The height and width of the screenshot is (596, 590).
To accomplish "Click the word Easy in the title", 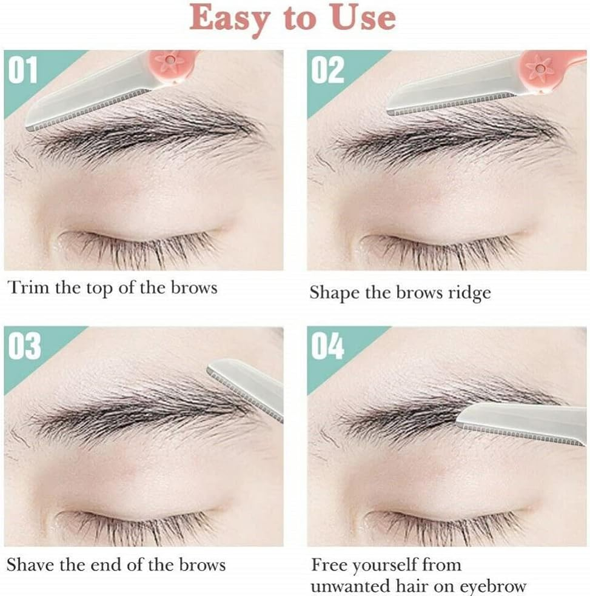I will [x=227, y=19].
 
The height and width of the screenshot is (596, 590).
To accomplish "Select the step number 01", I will [x=24, y=70].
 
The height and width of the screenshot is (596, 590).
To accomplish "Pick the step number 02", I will [x=327, y=70].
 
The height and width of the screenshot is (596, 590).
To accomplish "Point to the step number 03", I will [x=24, y=346].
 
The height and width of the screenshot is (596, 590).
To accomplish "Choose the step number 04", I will [x=327, y=346].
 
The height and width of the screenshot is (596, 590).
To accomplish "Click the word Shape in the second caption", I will [x=335, y=293].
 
